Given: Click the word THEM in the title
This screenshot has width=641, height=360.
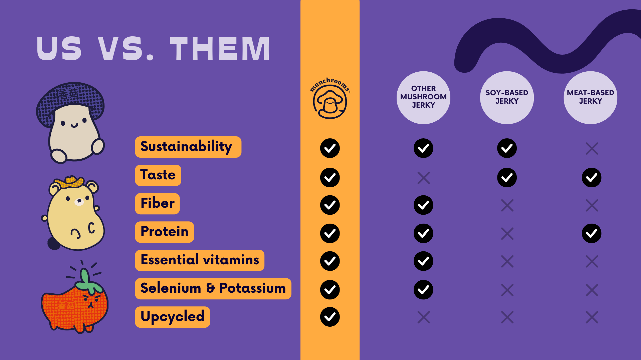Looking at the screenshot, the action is (220, 49).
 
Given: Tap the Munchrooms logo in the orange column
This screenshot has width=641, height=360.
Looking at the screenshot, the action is (330, 98).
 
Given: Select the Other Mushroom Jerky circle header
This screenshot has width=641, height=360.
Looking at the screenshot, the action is (423, 97).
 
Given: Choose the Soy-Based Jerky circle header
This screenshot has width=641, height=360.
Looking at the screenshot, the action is (507, 97).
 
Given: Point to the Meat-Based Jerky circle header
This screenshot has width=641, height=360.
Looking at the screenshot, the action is (590, 97).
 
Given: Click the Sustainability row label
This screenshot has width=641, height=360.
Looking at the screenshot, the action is (188, 147).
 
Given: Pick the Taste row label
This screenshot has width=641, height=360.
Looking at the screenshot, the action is (158, 175).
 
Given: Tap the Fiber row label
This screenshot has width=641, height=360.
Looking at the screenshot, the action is (157, 203).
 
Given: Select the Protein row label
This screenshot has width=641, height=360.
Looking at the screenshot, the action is (164, 232).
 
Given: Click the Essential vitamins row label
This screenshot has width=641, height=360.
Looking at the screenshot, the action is (200, 260).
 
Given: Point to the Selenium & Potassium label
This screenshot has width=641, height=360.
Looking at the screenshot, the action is (213, 288).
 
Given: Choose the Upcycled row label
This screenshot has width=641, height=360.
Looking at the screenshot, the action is (172, 317).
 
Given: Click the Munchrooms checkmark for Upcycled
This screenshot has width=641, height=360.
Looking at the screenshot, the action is (330, 317).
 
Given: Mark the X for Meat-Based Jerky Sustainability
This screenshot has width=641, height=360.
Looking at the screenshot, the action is (592, 148).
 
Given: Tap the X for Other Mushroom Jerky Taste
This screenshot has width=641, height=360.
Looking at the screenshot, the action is (423, 178).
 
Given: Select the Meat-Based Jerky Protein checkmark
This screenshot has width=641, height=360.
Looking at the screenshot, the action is (592, 233).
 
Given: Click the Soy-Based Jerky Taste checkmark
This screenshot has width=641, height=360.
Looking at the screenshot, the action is (507, 177).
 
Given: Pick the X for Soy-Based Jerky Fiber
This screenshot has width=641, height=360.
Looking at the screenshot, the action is (507, 205).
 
